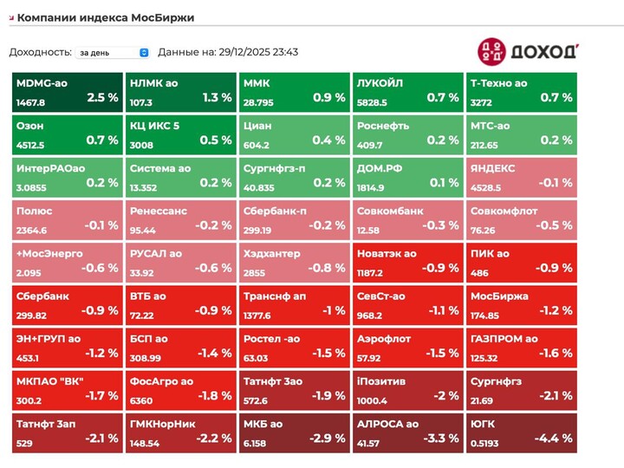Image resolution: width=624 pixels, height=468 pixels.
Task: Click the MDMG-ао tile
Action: pos(67,90)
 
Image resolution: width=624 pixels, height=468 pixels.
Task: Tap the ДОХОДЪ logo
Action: pos(528,51)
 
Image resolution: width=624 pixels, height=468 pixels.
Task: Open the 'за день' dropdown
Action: pos(113,52)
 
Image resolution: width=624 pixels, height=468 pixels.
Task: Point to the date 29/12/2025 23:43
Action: pos(259,52)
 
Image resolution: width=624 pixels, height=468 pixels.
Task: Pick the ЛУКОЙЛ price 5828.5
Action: pos(373,102)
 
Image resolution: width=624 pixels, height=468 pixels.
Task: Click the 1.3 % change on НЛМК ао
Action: pos(217,98)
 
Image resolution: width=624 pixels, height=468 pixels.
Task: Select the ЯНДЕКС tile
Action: pos(521,175)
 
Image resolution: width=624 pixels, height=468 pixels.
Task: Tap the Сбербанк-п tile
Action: pos(294,218)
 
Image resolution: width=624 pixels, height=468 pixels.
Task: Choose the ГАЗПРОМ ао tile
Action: pos(521,345)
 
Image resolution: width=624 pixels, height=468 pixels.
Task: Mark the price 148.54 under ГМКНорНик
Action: pos(144,443)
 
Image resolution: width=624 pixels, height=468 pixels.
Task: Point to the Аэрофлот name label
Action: pos(382,338)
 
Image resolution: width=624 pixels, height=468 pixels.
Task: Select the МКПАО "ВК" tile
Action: pos(67,387)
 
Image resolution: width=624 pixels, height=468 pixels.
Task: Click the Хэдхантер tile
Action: pos(294,260)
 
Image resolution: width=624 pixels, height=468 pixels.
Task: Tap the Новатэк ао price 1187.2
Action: pos(373,273)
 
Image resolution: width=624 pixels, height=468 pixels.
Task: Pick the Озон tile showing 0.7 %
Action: pos(67,133)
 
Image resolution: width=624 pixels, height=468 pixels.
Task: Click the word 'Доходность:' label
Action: pos(40,52)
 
